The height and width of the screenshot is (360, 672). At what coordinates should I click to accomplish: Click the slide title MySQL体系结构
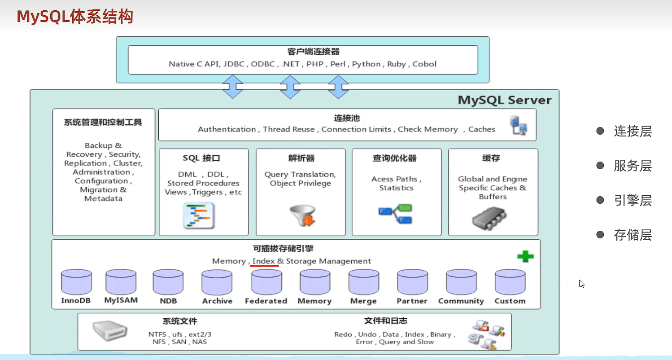75,16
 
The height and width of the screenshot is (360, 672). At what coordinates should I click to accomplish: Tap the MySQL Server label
505,100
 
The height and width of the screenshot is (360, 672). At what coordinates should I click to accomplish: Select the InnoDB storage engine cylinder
77,282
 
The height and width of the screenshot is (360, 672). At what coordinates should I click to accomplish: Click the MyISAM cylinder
121,282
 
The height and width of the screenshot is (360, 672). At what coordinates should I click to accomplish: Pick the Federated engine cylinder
267,282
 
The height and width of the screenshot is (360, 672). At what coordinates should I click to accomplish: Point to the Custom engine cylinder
510,282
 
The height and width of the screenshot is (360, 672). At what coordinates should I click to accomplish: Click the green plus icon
525,256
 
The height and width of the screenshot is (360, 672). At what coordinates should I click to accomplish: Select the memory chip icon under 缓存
489,218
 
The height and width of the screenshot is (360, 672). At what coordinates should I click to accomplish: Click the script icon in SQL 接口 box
199,215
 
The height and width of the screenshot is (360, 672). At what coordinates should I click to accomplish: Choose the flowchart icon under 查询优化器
395,214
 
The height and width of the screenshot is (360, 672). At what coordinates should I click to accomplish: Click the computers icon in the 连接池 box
519,125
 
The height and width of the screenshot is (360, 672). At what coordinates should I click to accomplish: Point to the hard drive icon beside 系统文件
109,330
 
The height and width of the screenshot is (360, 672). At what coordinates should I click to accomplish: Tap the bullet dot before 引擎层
600,200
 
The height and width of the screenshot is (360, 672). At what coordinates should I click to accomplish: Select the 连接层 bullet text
633,131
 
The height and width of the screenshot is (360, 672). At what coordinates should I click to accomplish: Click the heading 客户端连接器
313,52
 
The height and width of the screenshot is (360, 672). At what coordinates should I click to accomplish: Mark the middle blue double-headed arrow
290,87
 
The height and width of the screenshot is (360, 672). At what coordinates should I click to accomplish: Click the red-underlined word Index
263,261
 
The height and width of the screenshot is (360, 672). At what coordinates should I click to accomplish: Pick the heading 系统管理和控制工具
103,122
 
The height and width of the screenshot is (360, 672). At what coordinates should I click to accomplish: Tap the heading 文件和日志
385,320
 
